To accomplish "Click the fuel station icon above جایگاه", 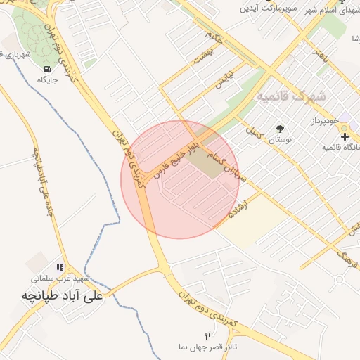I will coord(47,69).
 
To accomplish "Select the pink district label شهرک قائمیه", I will coord(292,95).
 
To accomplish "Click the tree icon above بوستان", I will coord(280,129).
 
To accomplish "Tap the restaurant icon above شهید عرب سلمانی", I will coord(60,268).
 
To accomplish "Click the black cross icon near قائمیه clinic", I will coord(345,136).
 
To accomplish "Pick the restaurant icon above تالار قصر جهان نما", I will coord(207,335).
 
